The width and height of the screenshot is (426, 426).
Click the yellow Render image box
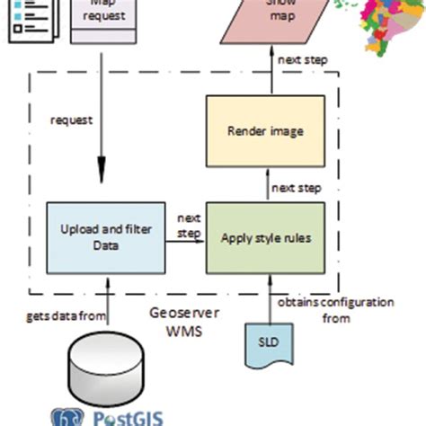(264, 130)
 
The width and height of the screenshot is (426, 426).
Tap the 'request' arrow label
(72, 119)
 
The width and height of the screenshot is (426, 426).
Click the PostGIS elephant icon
(66, 417)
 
